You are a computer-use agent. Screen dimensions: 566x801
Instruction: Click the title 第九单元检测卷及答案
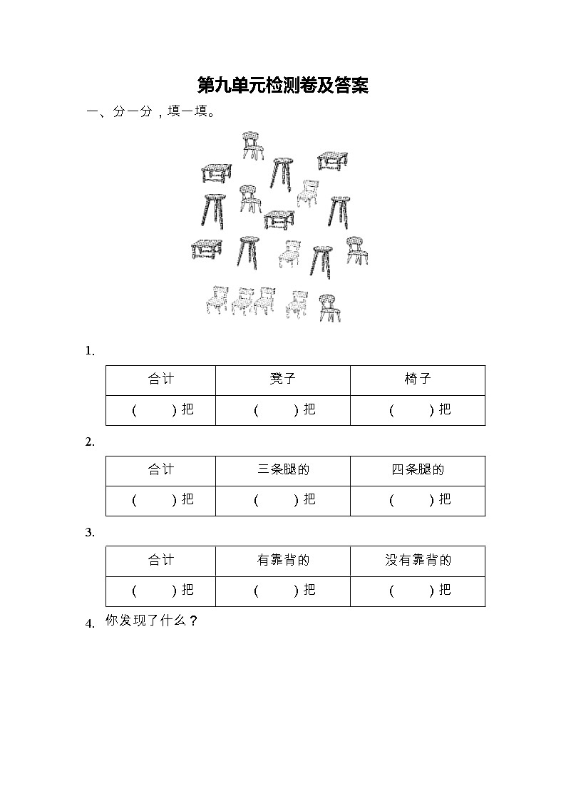coord(282,86)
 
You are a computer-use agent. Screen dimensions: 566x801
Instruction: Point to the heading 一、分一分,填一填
coord(150,112)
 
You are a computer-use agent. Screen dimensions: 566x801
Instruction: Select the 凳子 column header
coord(282,379)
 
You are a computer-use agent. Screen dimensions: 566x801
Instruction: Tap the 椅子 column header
coord(417,379)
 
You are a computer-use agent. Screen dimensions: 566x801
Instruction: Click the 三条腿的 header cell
coord(282,470)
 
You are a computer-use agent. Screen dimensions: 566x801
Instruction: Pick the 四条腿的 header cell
coord(417,470)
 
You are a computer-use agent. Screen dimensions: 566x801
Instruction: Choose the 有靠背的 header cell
coord(282,561)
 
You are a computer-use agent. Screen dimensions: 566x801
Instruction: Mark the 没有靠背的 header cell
coord(417,561)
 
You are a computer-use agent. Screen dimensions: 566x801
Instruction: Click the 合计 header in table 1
coord(160,379)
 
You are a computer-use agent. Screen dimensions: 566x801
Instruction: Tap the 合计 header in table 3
coord(160,561)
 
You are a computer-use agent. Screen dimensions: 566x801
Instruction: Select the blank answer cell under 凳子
coord(282,410)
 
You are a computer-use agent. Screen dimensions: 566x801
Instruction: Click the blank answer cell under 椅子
coord(417,410)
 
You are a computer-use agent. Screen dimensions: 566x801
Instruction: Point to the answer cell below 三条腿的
coord(282,500)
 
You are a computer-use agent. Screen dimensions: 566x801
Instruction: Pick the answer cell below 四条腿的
coord(417,500)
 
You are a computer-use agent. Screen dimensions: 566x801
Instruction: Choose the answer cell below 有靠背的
coord(282,591)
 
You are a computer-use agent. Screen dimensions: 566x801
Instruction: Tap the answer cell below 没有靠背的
coord(417,591)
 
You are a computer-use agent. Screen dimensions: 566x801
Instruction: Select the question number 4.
coord(90,624)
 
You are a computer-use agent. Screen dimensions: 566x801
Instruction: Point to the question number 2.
coord(90,442)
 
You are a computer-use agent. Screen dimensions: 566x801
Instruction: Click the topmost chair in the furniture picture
coord(252,146)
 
